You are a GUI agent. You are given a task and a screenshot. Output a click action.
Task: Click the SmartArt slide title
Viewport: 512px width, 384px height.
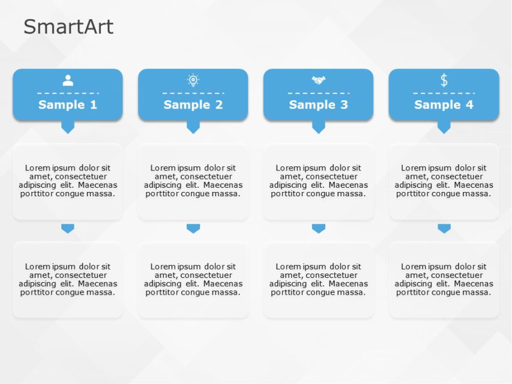click(x=68, y=27)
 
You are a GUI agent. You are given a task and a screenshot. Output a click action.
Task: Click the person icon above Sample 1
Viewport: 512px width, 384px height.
click(x=68, y=80)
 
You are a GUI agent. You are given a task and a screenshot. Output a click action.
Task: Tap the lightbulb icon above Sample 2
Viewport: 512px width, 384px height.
click(x=193, y=80)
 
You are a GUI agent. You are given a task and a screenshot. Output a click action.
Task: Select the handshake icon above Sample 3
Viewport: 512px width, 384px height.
click(x=318, y=80)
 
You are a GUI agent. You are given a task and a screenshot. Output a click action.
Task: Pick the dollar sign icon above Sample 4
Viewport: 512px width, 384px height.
click(x=444, y=80)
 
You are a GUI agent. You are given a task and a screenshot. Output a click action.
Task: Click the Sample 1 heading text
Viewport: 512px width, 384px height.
click(x=68, y=104)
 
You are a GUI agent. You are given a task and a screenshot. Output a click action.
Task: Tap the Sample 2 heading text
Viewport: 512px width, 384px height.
click(x=193, y=104)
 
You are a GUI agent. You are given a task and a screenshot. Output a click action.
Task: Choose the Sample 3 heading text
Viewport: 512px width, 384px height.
click(x=318, y=104)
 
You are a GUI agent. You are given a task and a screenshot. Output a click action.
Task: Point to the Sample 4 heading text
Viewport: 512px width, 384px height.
click(x=444, y=104)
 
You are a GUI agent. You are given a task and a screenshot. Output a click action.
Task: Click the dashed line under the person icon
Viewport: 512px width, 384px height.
click(x=68, y=93)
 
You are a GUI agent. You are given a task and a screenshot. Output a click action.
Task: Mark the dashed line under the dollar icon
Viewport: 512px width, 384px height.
click(x=444, y=93)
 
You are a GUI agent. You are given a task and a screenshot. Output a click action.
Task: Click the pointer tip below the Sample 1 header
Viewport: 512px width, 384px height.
click(x=68, y=127)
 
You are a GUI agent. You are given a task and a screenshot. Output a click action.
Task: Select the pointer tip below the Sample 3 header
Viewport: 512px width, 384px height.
click(x=318, y=127)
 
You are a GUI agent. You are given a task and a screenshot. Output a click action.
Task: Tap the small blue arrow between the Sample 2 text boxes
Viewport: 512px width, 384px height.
click(x=193, y=229)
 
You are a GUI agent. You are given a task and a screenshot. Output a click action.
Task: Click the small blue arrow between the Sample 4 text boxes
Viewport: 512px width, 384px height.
click(x=444, y=229)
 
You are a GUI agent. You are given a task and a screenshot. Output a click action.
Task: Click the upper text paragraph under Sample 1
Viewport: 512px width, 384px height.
click(x=68, y=181)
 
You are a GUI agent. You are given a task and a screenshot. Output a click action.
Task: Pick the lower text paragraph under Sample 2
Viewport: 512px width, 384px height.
click(x=193, y=280)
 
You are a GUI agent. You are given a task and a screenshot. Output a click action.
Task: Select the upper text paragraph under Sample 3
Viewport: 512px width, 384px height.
click(x=318, y=181)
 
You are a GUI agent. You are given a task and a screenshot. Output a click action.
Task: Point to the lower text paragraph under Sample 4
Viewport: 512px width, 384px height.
click(x=444, y=280)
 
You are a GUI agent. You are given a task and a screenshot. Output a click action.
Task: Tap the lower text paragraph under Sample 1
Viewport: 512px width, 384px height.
click(x=68, y=280)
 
